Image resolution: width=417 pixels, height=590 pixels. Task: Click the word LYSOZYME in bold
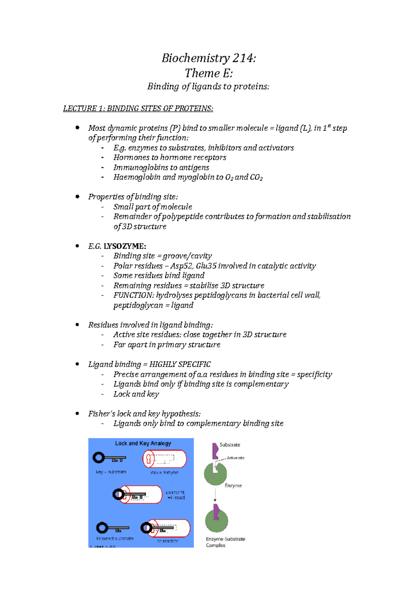(125, 246)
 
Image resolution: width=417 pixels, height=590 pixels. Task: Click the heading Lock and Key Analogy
(143, 443)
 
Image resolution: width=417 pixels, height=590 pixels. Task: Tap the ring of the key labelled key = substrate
(98, 458)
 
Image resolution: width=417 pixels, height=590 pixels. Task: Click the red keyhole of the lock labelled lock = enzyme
(150, 459)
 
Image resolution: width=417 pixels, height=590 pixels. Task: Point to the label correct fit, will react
(175, 495)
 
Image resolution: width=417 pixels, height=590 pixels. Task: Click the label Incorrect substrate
(115, 539)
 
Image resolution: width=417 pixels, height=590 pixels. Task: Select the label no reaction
(167, 541)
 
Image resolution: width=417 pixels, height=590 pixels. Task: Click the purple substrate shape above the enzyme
(215, 451)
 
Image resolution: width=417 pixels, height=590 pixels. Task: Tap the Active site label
(235, 458)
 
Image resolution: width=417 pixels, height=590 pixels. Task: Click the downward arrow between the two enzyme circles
(215, 495)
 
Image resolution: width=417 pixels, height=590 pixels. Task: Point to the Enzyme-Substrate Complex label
(225, 542)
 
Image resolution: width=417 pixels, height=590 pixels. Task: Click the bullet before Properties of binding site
(77, 197)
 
